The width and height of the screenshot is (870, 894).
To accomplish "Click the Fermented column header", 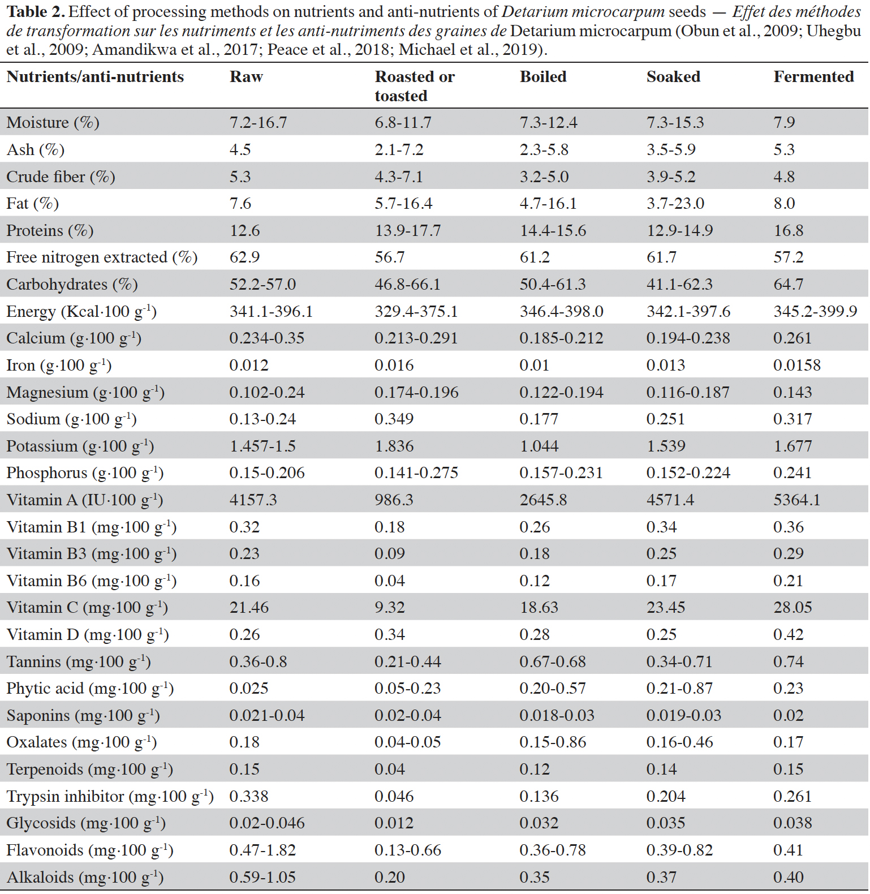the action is pos(813,76).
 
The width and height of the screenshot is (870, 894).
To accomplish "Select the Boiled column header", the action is pos(543,76).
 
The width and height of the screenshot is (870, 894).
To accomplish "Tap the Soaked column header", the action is pos(673,76).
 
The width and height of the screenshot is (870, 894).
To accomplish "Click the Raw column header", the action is pos(246,76).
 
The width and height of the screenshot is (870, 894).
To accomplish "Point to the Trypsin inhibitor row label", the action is pos(110,796).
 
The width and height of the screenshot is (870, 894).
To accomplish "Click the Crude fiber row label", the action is pos(61,177).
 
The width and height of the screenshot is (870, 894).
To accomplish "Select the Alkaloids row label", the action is pos(85,877).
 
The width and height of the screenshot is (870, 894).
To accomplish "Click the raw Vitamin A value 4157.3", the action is pos(253,500).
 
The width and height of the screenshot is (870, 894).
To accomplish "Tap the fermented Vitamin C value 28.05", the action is pos(793,608).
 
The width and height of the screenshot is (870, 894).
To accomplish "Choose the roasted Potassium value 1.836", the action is pos(394,446).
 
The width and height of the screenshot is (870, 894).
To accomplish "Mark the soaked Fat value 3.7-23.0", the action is pos(675,204).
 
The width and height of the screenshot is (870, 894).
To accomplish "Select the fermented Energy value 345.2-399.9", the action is pos(816,312).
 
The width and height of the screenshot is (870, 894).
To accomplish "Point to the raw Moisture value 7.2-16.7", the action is pos(259,123).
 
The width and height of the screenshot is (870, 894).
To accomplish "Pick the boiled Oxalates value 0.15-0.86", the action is pos(553,742).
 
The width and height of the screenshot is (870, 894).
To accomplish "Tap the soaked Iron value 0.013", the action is pos(666,366).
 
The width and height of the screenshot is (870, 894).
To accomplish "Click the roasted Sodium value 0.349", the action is pos(394,419).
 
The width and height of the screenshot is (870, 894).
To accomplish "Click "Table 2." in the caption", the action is pos(36,12).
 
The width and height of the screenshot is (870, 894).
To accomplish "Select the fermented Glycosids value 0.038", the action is pos(793,823).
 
